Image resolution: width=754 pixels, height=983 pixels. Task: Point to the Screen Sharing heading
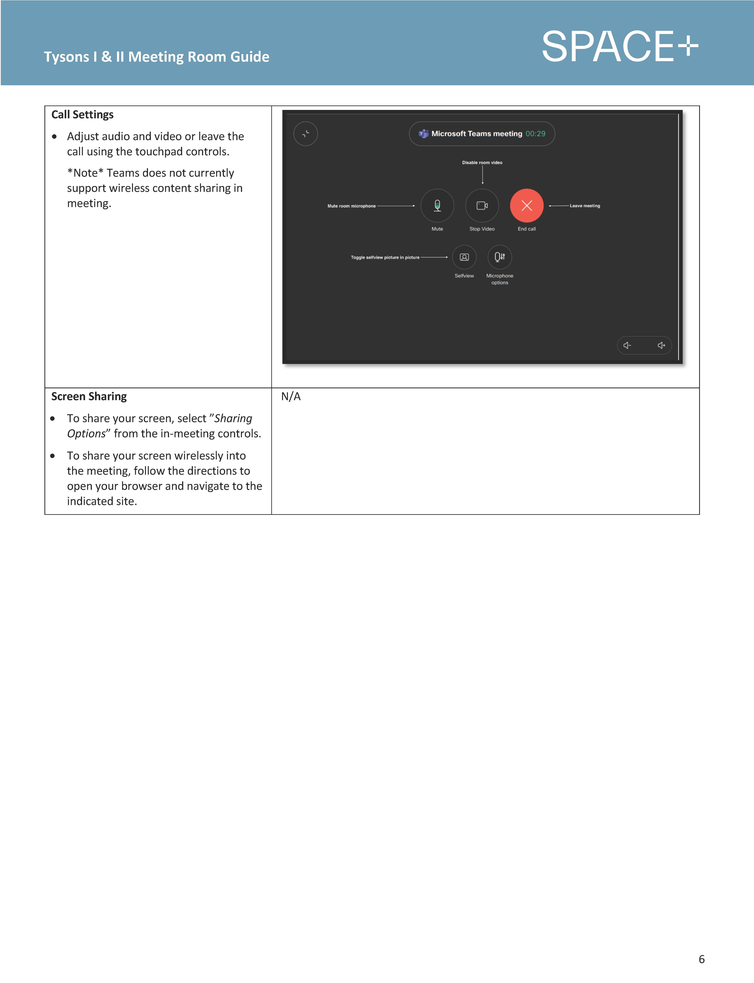[89, 396]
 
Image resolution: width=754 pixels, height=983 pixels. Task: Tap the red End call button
[526, 206]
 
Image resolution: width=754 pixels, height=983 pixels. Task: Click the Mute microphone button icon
[437, 206]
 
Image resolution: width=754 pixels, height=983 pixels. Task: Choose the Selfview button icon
[464, 257]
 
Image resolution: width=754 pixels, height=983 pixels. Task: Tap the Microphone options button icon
[499, 257]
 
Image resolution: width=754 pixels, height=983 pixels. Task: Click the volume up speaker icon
[661, 345]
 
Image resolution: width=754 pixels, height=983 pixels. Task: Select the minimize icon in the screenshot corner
[306, 134]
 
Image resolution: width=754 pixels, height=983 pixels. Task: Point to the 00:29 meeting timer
[535, 134]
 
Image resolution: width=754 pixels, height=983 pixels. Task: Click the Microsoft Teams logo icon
[423, 134]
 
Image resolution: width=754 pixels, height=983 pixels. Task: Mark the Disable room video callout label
[482, 162]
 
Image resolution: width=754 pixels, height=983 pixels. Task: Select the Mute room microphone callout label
[351, 206]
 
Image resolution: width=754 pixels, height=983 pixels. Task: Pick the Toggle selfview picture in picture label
[385, 258]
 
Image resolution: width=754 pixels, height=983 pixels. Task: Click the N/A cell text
[291, 396]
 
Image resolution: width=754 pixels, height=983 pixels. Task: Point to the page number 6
[702, 959]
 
